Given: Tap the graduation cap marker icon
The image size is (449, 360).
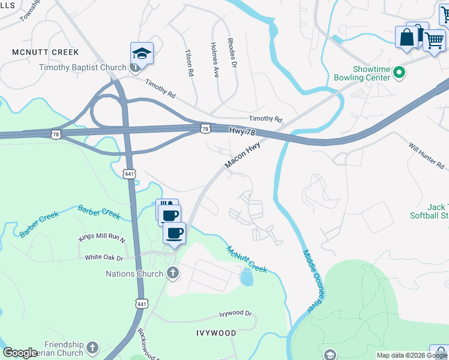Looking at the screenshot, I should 142,53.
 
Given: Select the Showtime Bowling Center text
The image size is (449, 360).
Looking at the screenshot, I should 362,73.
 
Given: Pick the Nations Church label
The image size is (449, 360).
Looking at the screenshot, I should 134,274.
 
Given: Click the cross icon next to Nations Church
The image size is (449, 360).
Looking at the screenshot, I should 173,274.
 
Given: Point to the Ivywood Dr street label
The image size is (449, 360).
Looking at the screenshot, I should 236,313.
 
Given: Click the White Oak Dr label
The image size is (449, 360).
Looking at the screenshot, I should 104,257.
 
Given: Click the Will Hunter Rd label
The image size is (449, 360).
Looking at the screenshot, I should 426,155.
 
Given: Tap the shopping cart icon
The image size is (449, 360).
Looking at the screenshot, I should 434,41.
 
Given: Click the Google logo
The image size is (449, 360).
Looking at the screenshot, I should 20,352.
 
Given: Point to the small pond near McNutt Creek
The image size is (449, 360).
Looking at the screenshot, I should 246,277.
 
